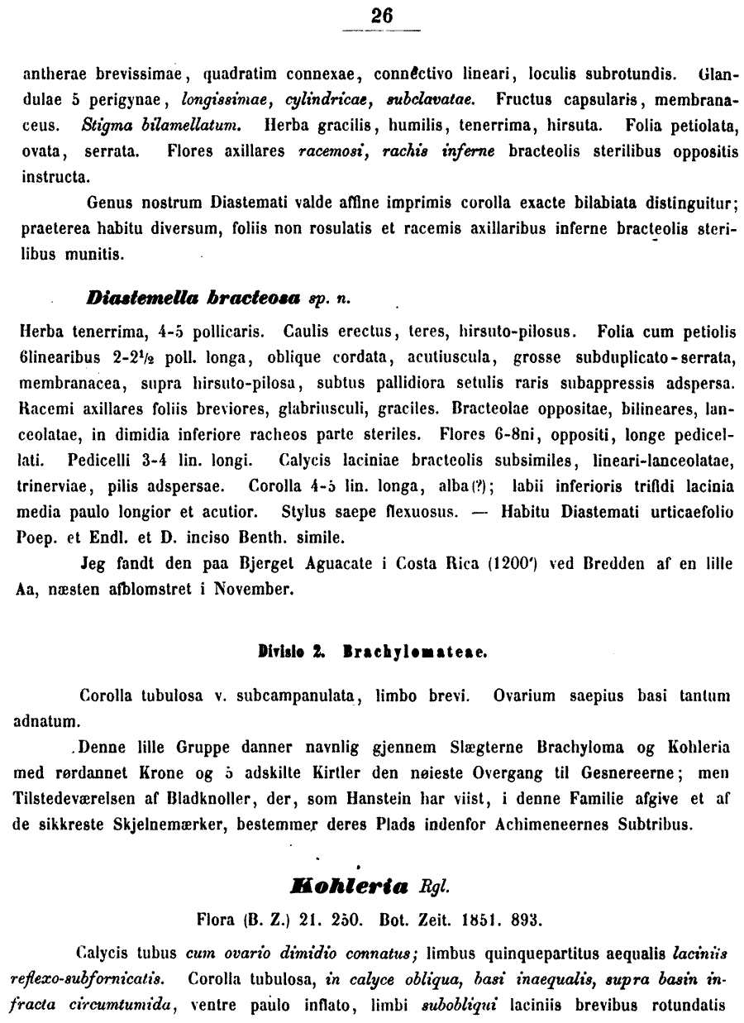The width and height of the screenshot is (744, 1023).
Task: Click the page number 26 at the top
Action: click(x=382, y=16)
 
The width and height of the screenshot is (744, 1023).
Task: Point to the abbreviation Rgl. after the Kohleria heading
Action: click(x=435, y=889)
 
